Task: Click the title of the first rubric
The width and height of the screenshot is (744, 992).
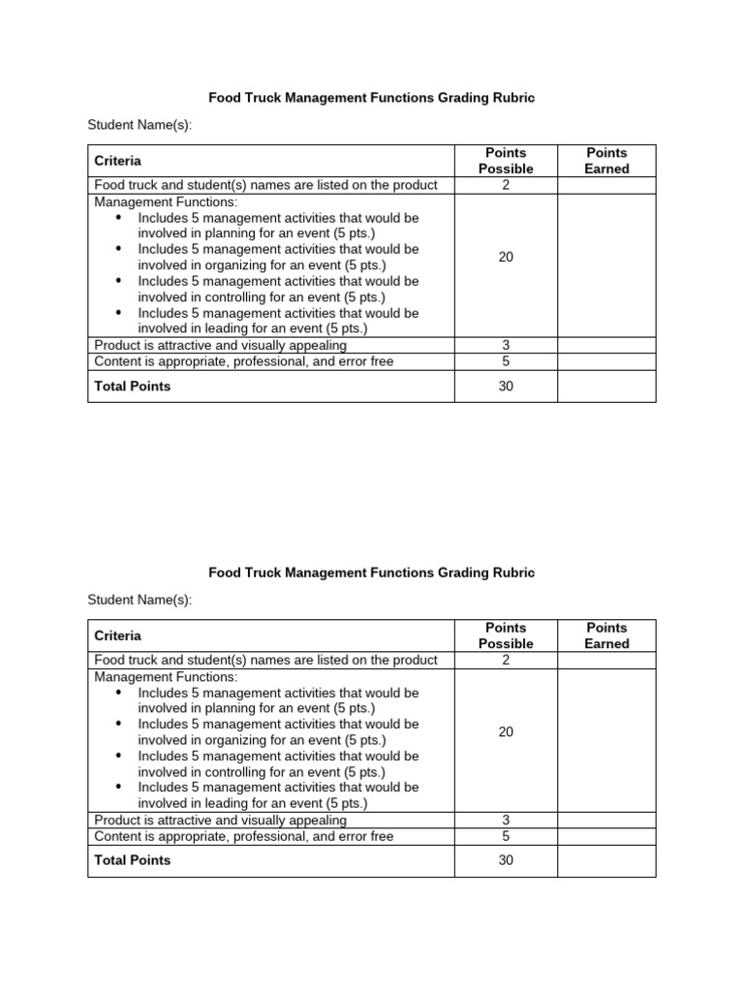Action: click(x=372, y=98)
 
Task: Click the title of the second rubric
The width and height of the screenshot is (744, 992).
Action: click(x=372, y=573)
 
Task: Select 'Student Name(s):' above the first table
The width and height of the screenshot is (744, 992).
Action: click(x=139, y=125)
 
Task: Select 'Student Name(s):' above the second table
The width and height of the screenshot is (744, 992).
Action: click(x=139, y=600)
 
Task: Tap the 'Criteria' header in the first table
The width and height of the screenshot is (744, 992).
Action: click(x=117, y=161)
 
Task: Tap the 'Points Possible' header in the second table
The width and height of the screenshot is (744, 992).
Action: click(x=506, y=635)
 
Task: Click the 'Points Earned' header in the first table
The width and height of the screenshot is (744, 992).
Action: click(x=606, y=161)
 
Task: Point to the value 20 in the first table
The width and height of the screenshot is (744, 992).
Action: click(x=506, y=257)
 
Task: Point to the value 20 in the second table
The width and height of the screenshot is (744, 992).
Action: click(x=506, y=731)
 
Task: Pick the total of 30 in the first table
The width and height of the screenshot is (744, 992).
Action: click(x=506, y=386)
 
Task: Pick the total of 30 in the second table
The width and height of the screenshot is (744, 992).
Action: click(x=506, y=860)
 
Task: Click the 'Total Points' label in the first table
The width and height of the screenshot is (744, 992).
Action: click(x=132, y=386)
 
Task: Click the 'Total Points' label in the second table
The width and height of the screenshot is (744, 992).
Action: click(x=132, y=860)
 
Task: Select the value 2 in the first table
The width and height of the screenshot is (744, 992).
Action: click(x=506, y=185)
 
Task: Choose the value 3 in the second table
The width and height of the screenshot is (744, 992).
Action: click(x=506, y=820)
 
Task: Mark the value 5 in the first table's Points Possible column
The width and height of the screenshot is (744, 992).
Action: click(x=506, y=361)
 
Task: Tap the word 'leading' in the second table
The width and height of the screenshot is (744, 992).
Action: click(x=223, y=804)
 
